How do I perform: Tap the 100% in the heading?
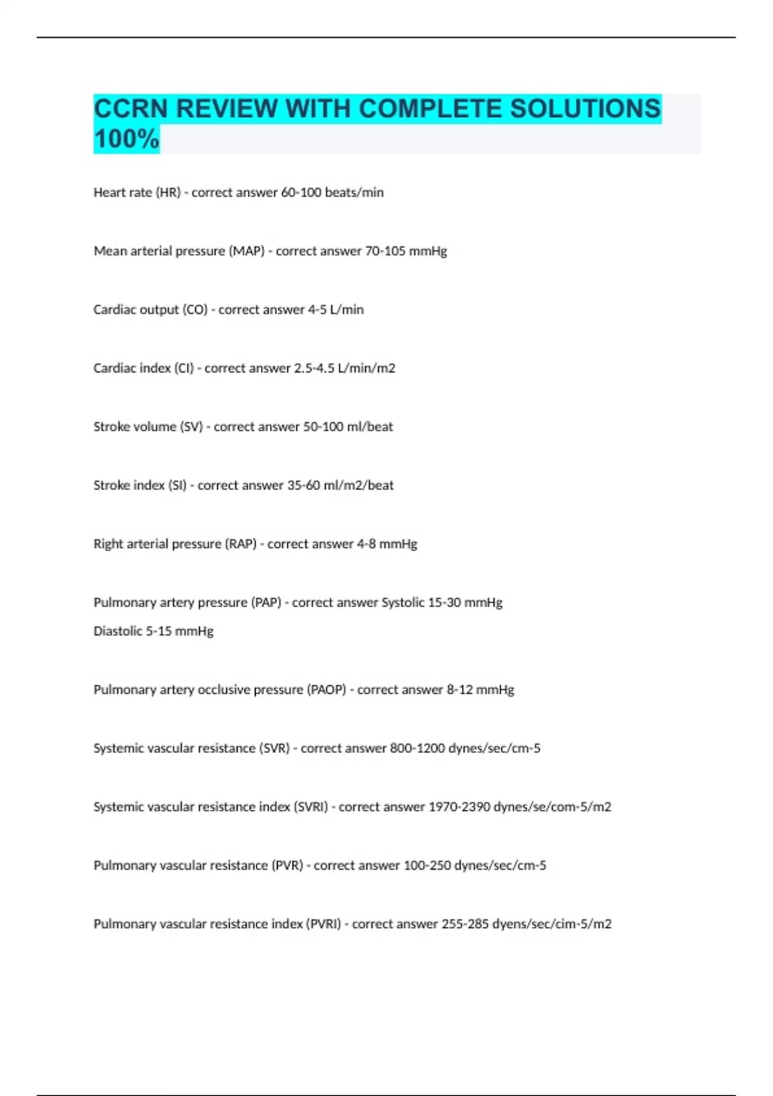(x=126, y=139)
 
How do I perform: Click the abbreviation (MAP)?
(x=247, y=251)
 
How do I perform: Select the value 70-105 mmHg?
(x=406, y=251)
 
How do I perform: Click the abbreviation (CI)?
(x=184, y=368)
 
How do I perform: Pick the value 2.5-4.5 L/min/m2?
(x=345, y=368)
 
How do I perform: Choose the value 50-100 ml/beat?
(x=348, y=427)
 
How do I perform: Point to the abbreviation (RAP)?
(x=241, y=544)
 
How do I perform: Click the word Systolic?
(x=403, y=603)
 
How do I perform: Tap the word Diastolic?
(x=118, y=631)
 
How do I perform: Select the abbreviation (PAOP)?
(x=327, y=690)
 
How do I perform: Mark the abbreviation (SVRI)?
(x=310, y=807)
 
